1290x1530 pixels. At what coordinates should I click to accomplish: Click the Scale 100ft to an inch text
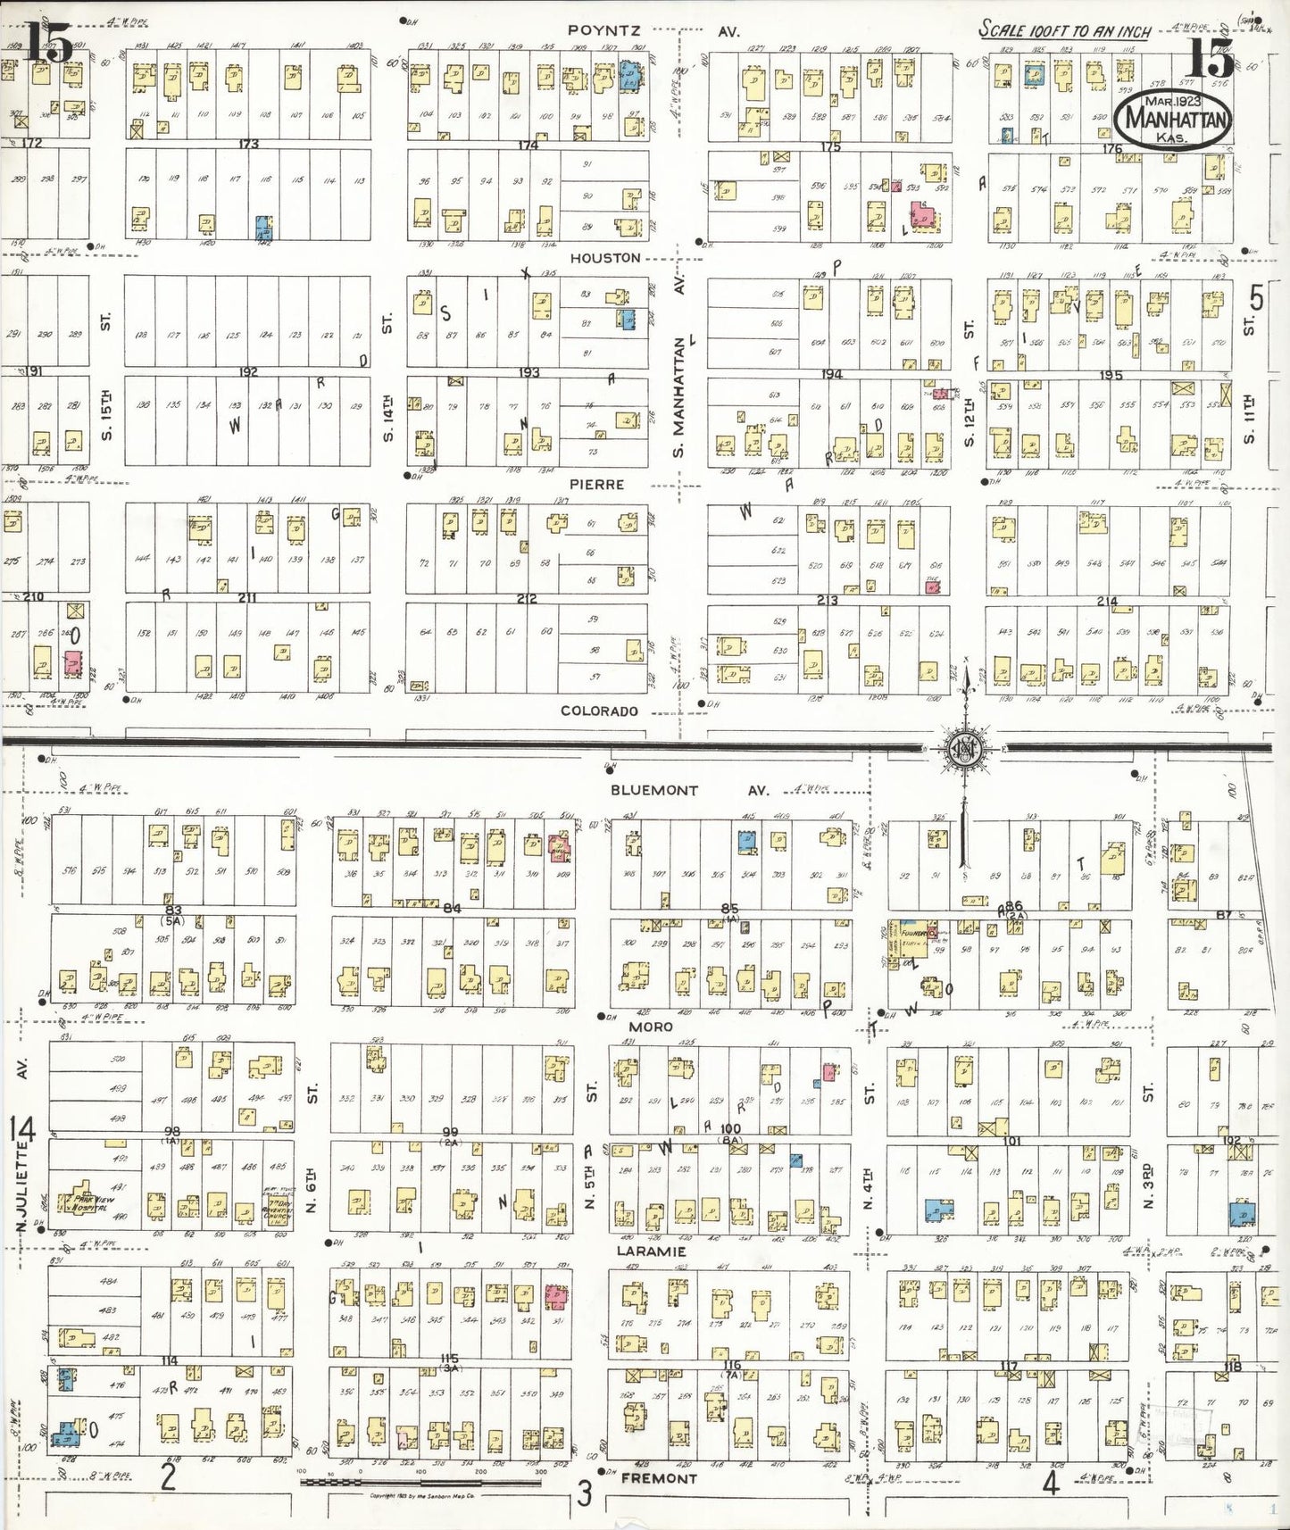[1064, 29]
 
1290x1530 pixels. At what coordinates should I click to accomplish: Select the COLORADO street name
[599, 711]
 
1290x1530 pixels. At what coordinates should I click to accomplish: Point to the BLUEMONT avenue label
[654, 790]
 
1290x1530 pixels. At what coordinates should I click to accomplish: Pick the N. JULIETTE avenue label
[22, 1187]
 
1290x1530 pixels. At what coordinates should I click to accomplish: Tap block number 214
[1107, 602]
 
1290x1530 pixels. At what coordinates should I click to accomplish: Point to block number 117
[1009, 1366]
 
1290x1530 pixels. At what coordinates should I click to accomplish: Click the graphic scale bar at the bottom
[420, 1481]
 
